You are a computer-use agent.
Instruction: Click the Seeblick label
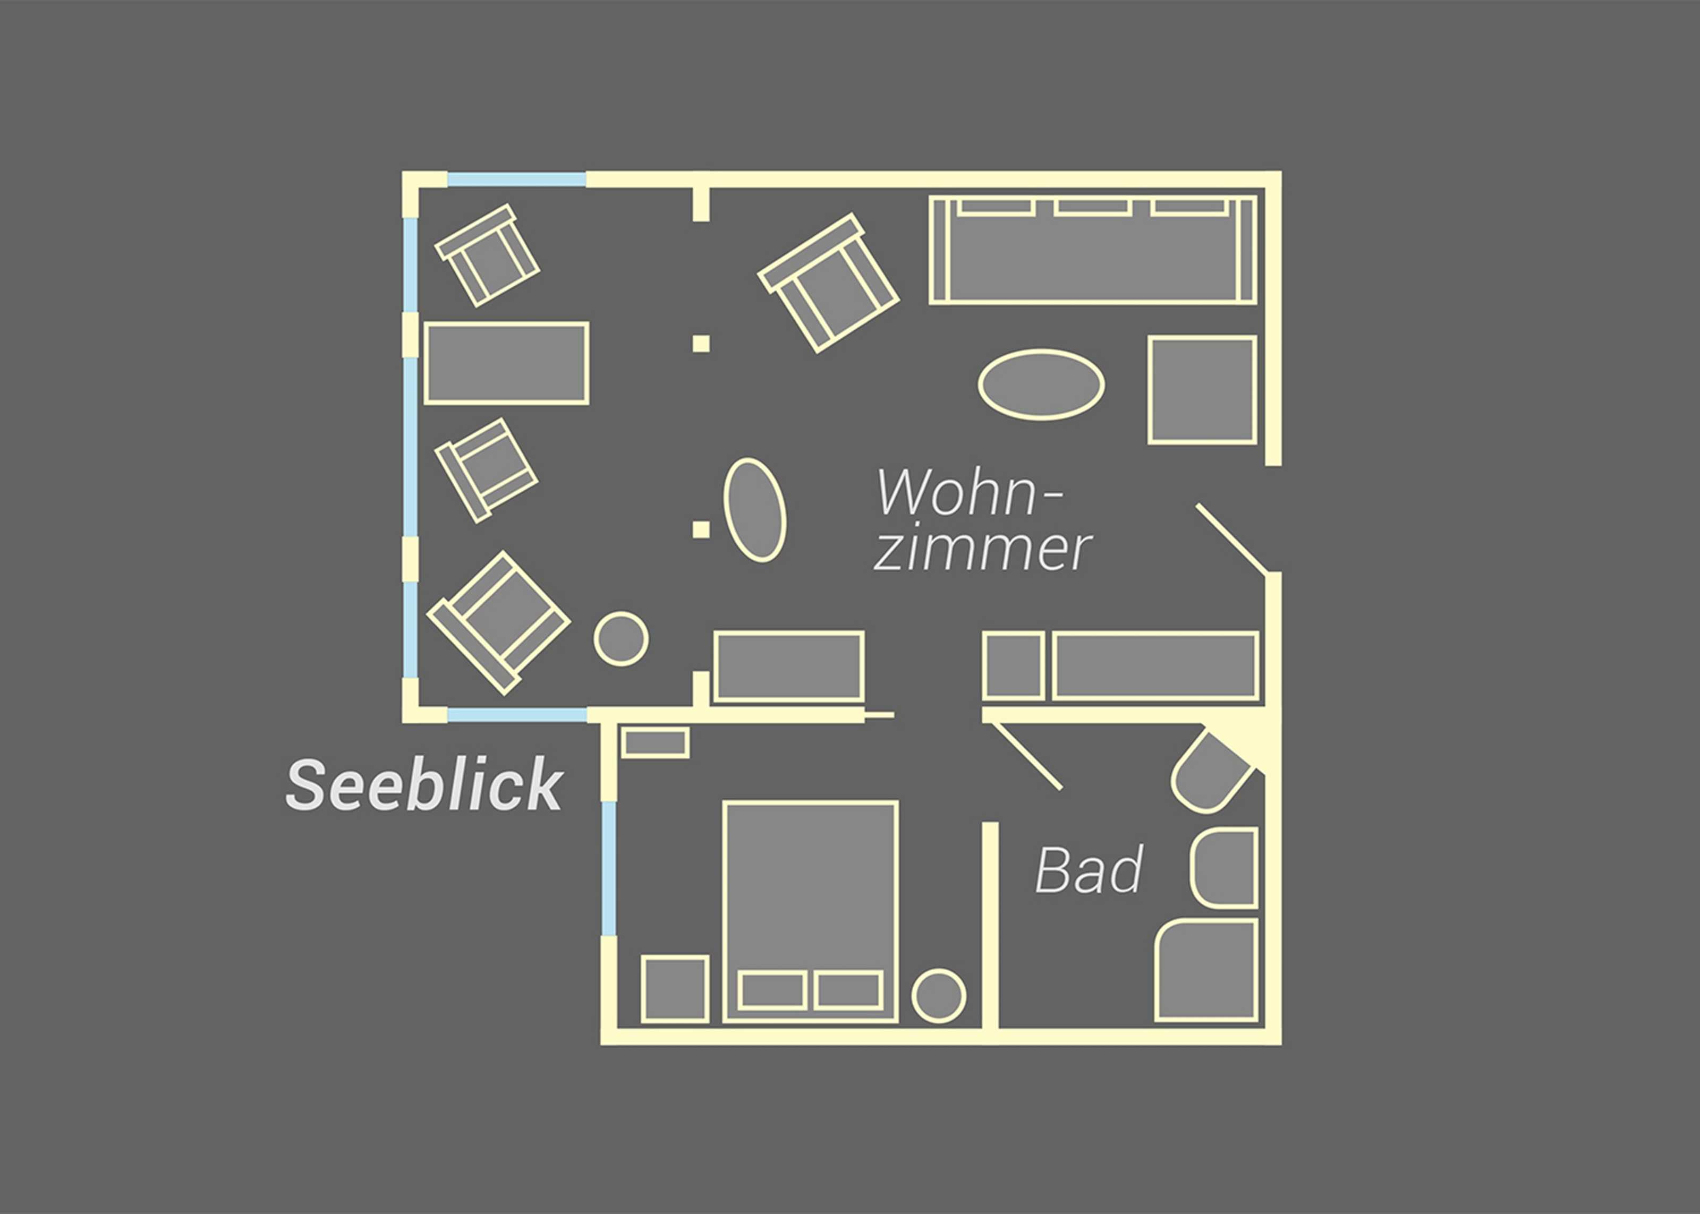click(x=424, y=784)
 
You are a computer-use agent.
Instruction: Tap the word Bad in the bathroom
click(x=1089, y=869)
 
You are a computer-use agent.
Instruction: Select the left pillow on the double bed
click(x=771, y=990)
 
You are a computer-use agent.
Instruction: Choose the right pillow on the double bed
click(x=848, y=990)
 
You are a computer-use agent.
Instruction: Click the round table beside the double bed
click(x=938, y=996)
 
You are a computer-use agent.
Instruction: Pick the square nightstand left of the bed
click(x=674, y=988)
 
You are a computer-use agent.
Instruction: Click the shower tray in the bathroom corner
click(x=1206, y=970)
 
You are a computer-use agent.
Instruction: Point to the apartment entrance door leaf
click(x=1231, y=540)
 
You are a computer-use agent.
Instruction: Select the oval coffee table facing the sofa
click(x=1041, y=385)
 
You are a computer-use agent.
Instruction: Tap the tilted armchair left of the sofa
click(x=828, y=283)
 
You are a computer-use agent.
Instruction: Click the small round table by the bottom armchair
click(x=620, y=638)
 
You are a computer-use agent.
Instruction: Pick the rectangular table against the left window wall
click(x=506, y=363)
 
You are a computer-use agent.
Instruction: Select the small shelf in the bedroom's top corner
click(x=655, y=743)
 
